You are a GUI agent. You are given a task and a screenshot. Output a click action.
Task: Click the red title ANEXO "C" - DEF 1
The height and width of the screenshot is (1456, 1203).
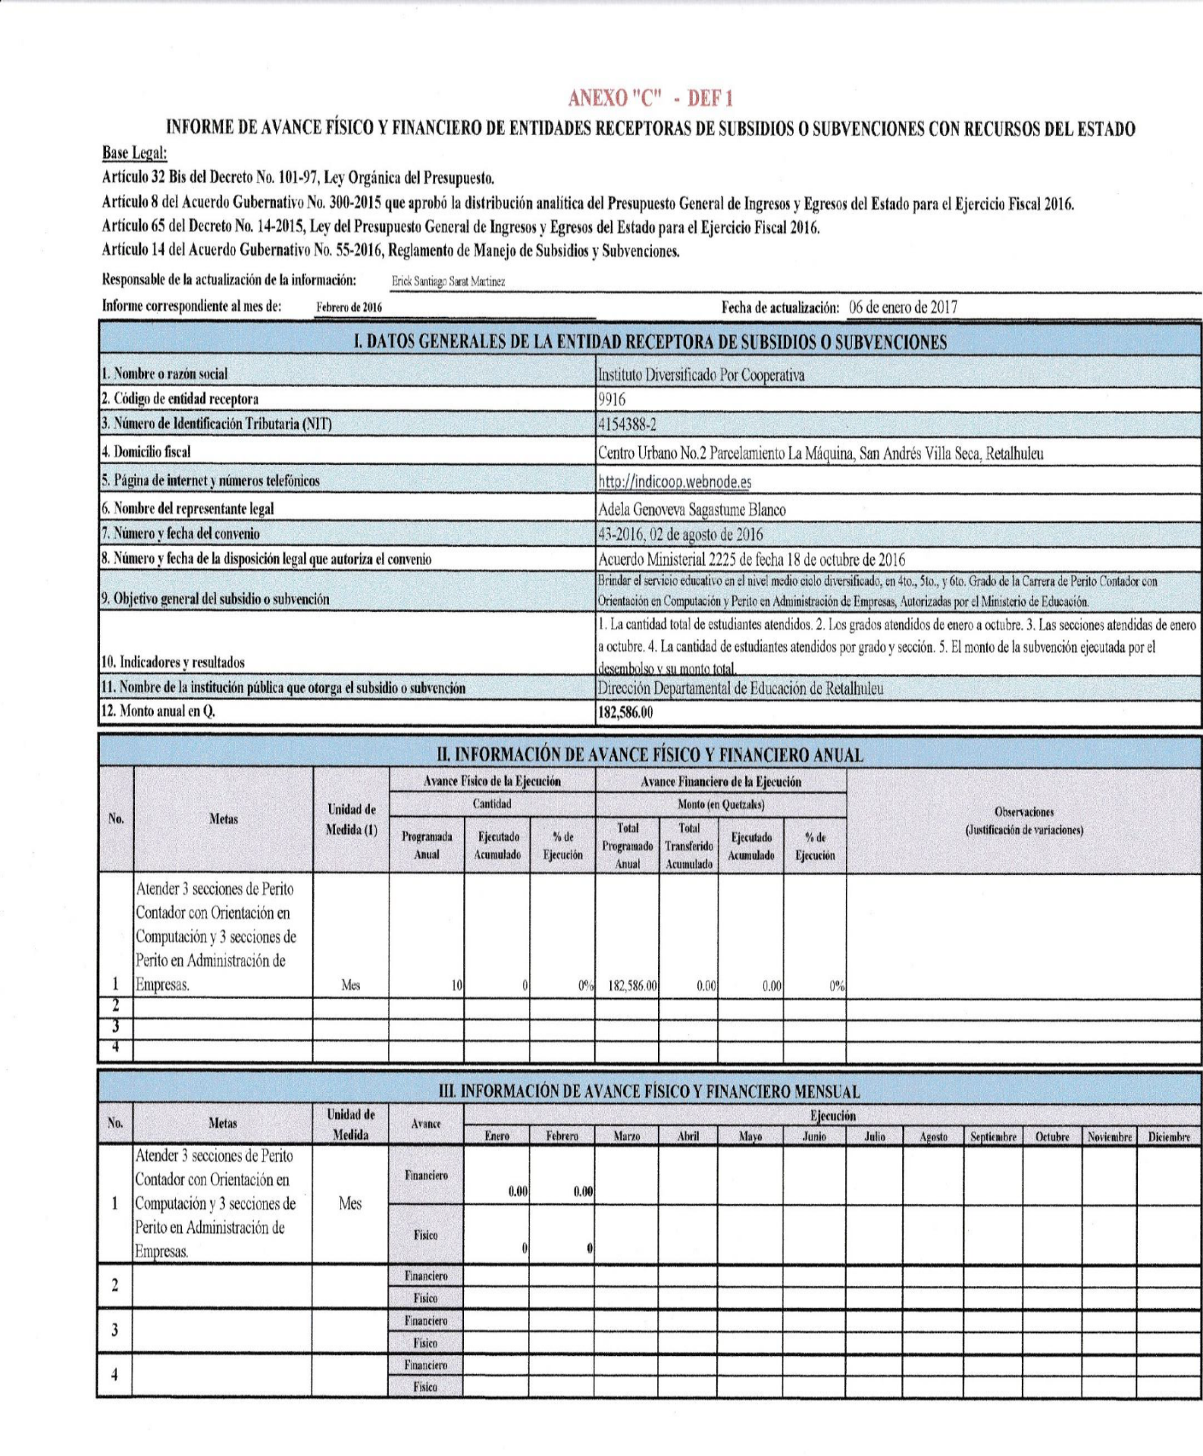click(650, 98)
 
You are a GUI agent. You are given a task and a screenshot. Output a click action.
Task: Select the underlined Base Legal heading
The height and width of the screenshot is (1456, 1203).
click(134, 152)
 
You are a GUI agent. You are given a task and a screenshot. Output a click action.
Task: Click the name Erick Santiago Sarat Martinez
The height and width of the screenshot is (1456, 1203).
click(448, 281)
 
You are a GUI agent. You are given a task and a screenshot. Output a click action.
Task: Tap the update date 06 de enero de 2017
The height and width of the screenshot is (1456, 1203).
click(903, 307)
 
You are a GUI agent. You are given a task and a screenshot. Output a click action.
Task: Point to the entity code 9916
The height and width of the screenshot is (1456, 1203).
click(612, 400)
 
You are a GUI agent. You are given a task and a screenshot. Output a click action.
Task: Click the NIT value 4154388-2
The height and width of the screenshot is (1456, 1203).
click(627, 424)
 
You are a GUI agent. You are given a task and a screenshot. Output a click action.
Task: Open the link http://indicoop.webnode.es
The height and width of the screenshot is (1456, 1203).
click(675, 482)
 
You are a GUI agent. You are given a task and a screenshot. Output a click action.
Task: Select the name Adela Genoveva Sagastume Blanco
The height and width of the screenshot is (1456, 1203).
click(691, 510)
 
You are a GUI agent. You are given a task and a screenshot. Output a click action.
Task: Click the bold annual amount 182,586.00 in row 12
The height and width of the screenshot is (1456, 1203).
click(625, 712)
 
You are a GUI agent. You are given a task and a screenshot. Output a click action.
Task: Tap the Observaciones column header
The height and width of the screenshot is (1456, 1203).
click(1024, 821)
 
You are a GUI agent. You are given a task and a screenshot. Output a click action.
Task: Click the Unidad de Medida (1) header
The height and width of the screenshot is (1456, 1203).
click(351, 819)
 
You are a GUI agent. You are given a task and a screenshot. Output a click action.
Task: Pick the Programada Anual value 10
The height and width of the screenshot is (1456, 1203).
click(456, 986)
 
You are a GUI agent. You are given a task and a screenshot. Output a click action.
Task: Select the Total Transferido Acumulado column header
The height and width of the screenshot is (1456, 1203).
click(689, 846)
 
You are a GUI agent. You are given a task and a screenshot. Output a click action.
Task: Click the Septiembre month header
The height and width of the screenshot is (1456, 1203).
click(993, 1137)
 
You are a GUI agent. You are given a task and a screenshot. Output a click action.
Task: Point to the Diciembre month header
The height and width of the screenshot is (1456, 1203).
click(1169, 1137)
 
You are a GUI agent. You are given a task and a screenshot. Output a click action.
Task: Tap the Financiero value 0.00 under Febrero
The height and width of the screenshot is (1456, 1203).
click(583, 1192)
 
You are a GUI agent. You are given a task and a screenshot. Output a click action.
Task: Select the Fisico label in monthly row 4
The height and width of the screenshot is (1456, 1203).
click(425, 1387)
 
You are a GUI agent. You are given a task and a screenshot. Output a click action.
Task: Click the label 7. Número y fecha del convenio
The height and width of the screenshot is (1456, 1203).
click(180, 534)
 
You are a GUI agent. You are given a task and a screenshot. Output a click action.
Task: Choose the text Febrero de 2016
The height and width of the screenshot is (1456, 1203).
click(349, 308)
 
